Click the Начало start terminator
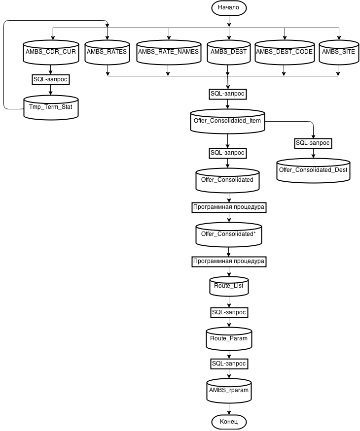pos(228,8)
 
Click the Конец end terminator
pos(228,422)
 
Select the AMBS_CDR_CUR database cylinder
pos(51,52)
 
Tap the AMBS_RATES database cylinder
pos(107,52)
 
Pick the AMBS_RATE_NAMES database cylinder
pos(168,52)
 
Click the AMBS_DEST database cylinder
pos(228,52)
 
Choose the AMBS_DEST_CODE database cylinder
pos(285,52)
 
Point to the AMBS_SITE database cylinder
pos(338,52)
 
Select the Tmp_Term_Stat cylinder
pos(51,107)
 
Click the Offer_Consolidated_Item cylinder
pos(227,121)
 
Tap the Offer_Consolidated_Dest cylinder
pos(313,170)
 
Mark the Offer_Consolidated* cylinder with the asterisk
pos(228,234)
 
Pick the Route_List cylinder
pos(229,286)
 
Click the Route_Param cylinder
pos(228,339)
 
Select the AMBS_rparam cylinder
pos(228,390)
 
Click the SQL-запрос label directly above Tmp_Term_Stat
pos(50,79)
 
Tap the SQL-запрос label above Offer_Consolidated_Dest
pos(313,143)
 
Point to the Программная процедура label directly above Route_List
pos(229,261)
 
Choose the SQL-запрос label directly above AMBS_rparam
pos(228,364)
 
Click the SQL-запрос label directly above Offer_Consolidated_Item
pos(227,94)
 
